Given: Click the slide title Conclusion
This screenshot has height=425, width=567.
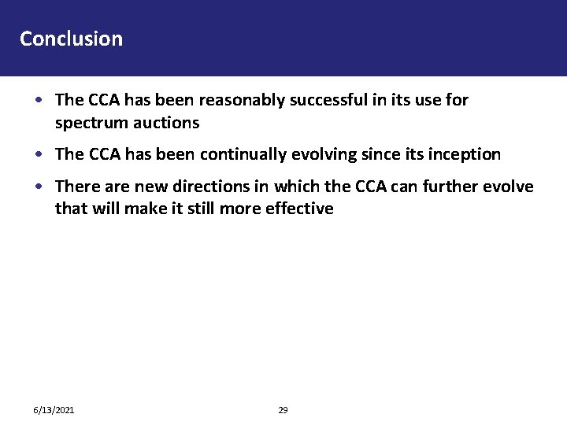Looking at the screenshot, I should click(x=71, y=39).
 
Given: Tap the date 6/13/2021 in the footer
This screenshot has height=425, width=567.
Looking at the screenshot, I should click(x=54, y=410).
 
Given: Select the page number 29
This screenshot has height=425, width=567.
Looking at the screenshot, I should click(x=283, y=410).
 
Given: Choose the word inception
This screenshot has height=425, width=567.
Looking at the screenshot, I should click(x=465, y=155).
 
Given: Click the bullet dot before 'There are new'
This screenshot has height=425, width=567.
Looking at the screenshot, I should click(x=39, y=187).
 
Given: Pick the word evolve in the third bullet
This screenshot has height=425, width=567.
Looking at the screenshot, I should click(x=511, y=187).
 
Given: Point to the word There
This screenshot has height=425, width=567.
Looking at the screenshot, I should click(x=76, y=187).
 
